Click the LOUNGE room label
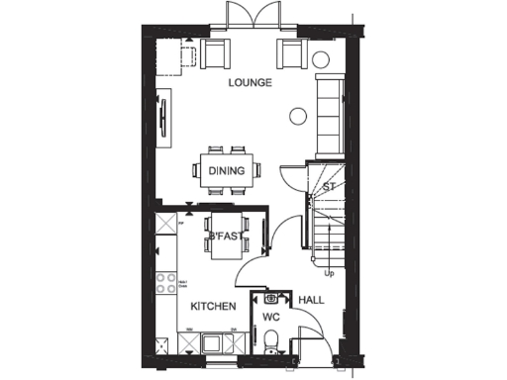[250, 82]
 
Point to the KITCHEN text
[213, 307]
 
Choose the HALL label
[312, 299]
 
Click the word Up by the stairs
[329, 273]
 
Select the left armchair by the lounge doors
[215, 52]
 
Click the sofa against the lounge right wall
[329, 117]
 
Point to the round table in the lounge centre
[296, 116]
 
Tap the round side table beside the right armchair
[321, 59]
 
